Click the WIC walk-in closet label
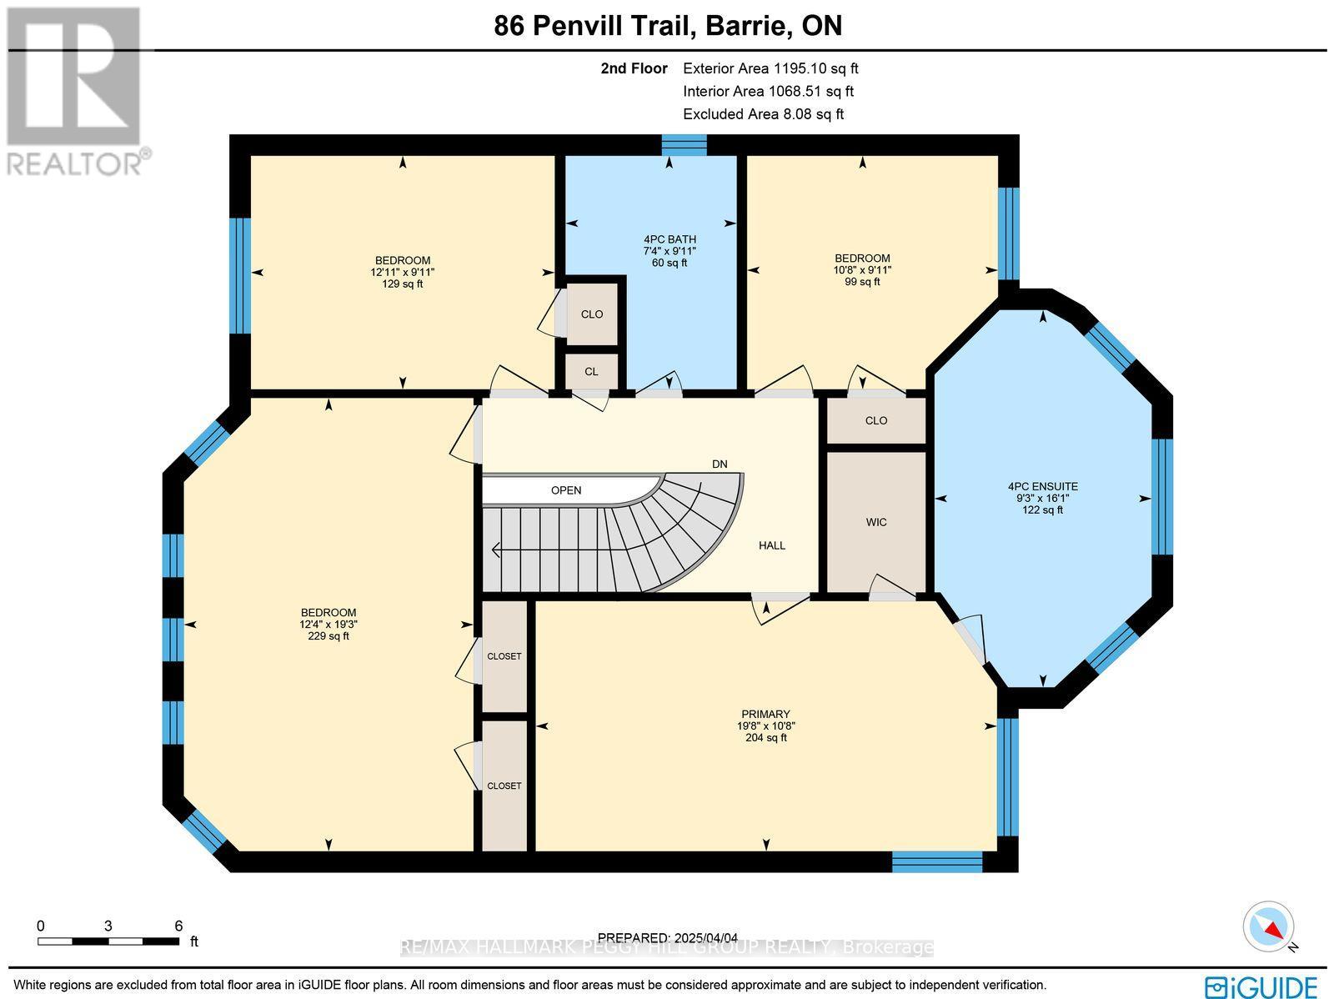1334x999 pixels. point(875,522)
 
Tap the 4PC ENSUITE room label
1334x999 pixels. point(1042,486)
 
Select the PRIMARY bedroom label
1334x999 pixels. point(765,714)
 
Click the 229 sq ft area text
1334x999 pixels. point(328,636)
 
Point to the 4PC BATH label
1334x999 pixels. point(670,239)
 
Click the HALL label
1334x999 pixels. point(771,545)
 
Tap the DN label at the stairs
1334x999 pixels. point(719,464)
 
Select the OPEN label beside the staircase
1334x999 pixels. point(566,490)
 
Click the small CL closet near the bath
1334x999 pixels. point(591,372)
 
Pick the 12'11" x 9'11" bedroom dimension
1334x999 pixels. point(403,272)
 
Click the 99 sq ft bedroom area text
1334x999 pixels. point(862,282)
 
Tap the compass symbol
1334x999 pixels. point(1269,926)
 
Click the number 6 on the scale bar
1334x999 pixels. point(178,926)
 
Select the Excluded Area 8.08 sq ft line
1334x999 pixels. point(763,114)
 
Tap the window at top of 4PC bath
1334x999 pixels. point(684,144)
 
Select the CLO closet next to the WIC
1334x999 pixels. point(875,420)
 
